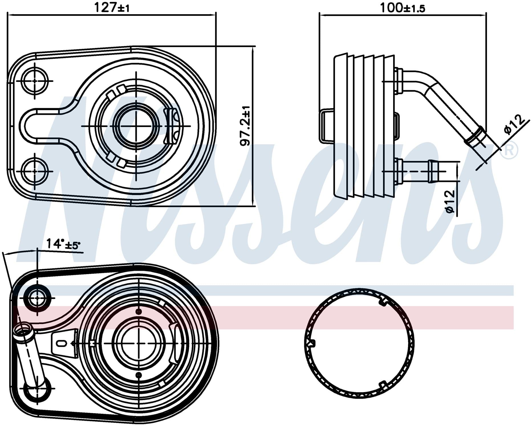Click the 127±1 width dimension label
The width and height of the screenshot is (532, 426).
click(112, 8)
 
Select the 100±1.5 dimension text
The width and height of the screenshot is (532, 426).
click(403, 8)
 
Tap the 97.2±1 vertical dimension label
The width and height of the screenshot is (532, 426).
click(245, 126)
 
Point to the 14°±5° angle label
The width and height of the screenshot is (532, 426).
click(63, 244)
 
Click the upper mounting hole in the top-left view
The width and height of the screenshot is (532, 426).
click(35, 81)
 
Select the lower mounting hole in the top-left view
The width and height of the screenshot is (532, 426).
click(35, 171)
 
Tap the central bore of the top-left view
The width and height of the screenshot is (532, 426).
click(136, 126)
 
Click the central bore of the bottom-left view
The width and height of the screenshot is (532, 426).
click(139, 343)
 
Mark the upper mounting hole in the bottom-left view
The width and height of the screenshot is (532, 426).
click(37, 298)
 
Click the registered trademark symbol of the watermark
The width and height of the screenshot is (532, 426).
click(509, 150)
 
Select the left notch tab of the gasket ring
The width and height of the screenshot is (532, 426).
click(311, 343)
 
